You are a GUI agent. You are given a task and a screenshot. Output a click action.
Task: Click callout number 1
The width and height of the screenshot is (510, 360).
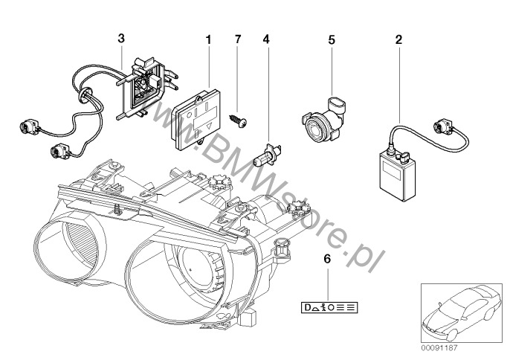point(209,36)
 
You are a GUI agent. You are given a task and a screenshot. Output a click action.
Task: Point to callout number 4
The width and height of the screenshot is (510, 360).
point(265,36)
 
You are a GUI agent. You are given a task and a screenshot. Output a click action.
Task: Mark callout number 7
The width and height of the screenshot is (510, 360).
point(237,36)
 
